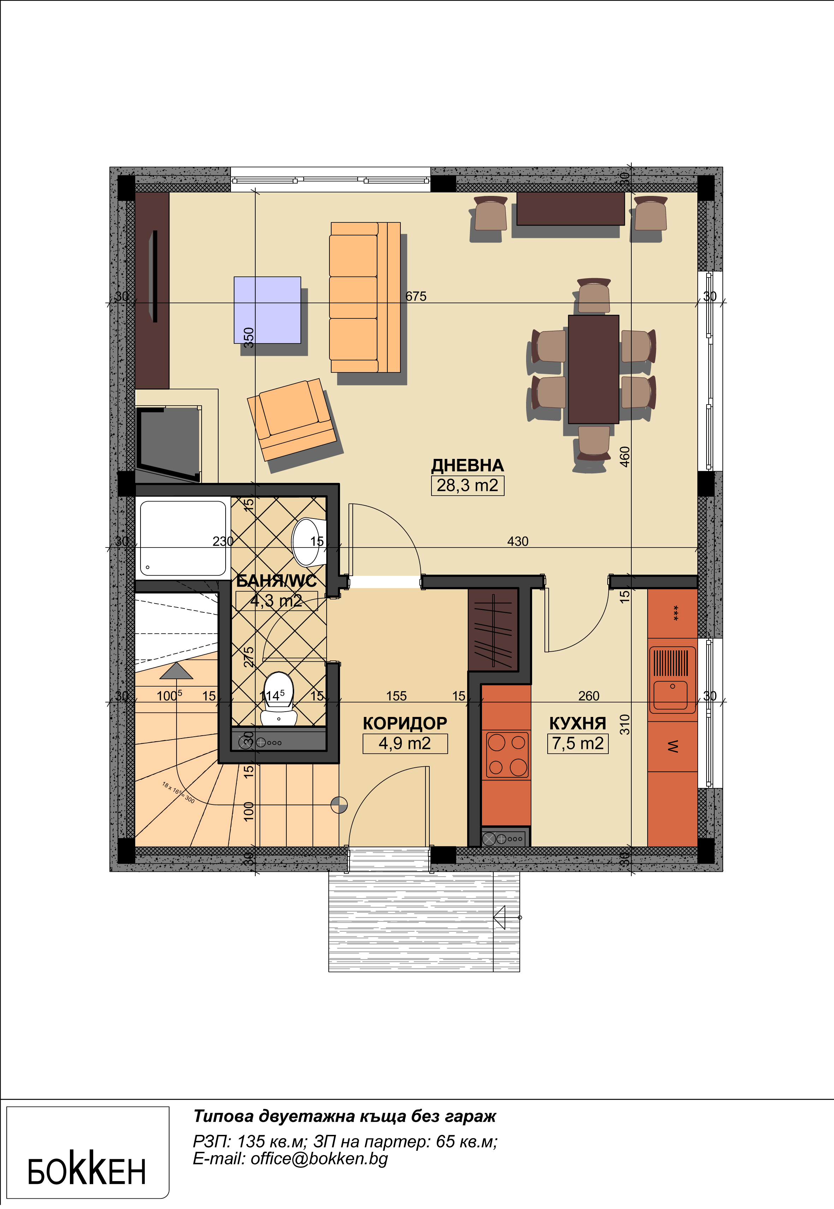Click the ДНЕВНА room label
pos(467,466)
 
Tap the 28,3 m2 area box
pos(467,485)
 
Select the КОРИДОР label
pos(405,724)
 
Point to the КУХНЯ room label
pos(577,724)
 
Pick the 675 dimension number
pos(416,296)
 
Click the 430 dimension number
pos(518,541)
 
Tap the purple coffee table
pos(267,310)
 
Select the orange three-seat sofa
pos(365,297)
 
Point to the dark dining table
pos(594,369)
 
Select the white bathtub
pos(183,539)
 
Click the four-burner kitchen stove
pos(506,755)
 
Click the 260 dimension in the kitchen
pos(589,696)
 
